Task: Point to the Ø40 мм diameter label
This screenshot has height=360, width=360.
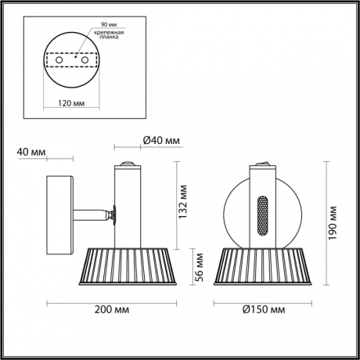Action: tap(161, 141)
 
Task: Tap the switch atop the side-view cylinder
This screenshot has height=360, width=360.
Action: tap(127, 163)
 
